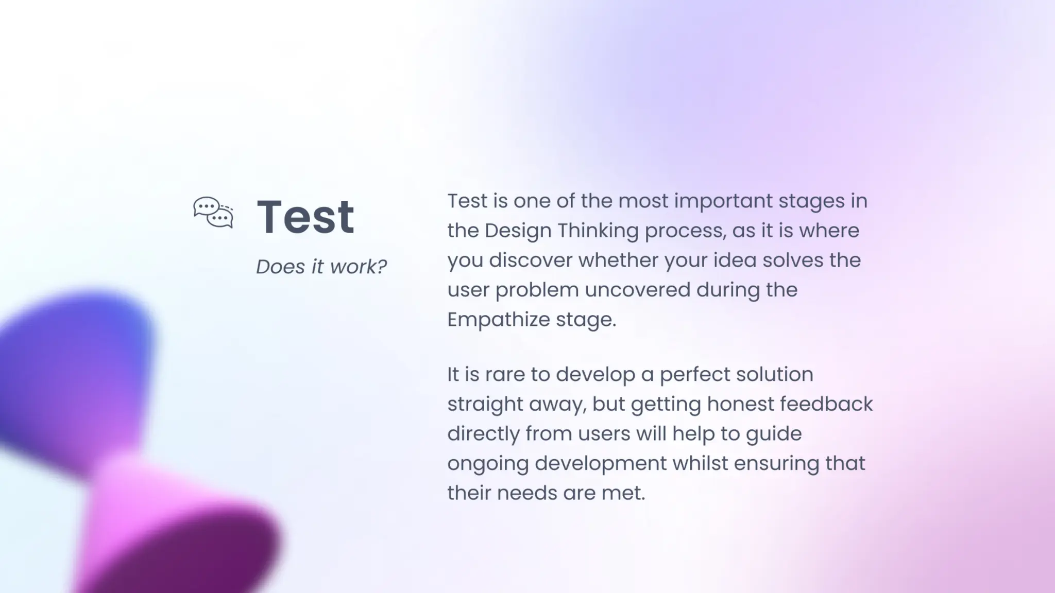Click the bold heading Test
[305, 217]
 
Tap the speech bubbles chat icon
[213, 212]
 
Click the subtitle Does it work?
[321, 267]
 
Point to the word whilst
[700, 463]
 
